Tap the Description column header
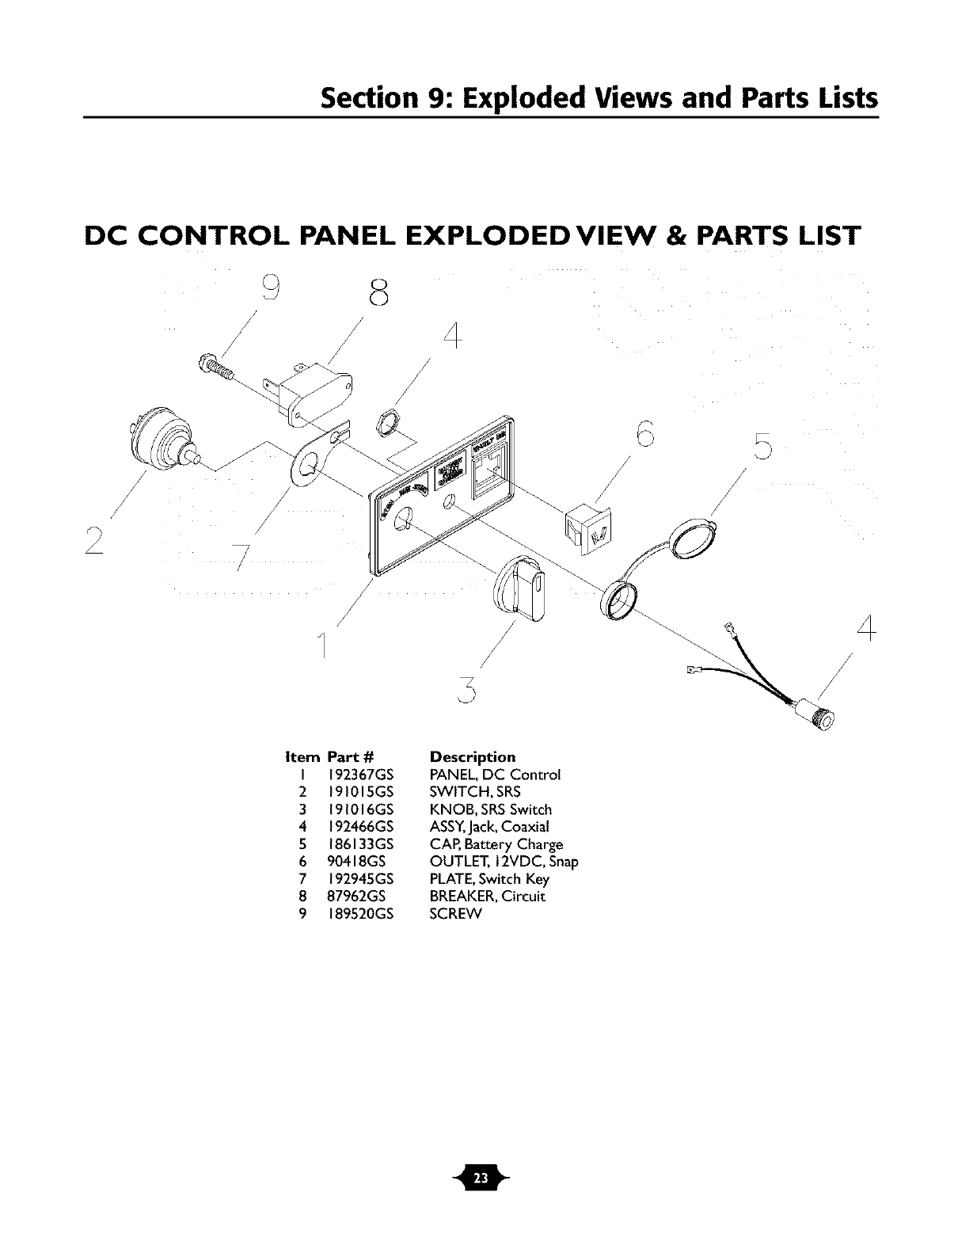[x=472, y=757]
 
